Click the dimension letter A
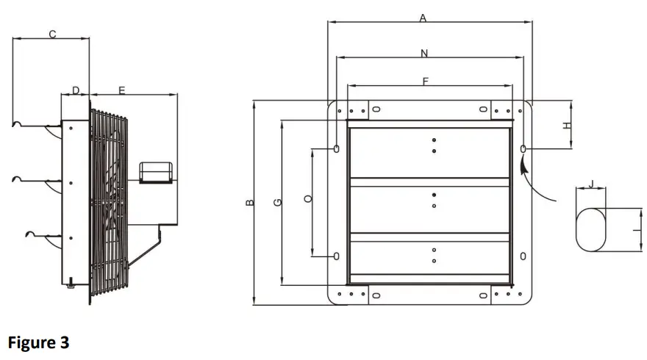click(x=423, y=19)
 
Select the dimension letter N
click(x=424, y=53)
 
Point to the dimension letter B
click(x=250, y=203)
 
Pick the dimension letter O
click(x=309, y=198)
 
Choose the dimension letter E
click(x=122, y=90)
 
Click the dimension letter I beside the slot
click(x=635, y=230)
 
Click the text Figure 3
click(x=38, y=342)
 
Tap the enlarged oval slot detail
click(x=591, y=230)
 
